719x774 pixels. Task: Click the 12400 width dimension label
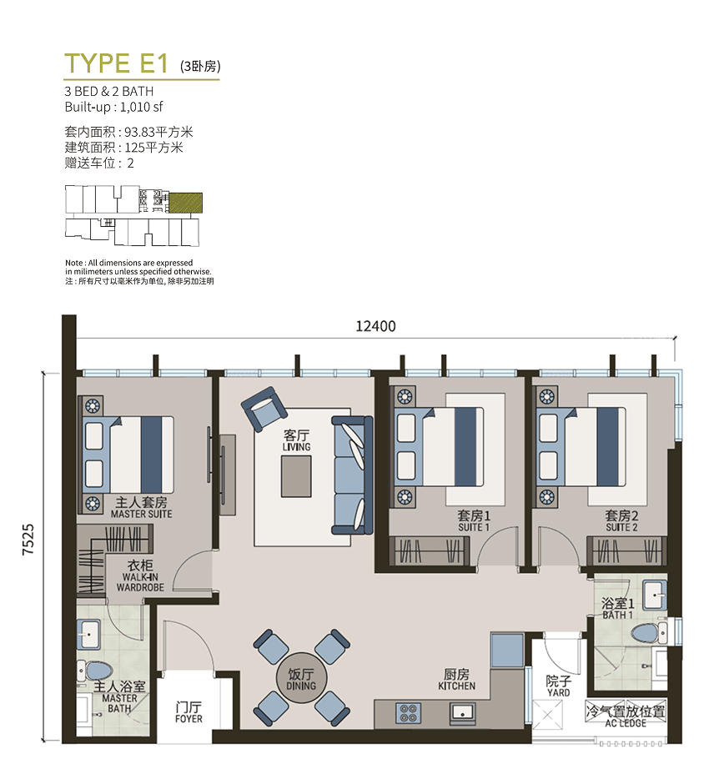click(x=376, y=326)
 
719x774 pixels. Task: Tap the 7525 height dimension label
click(x=28, y=540)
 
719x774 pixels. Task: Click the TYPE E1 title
click(x=117, y=63)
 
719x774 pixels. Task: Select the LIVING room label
click(x=296, y=447)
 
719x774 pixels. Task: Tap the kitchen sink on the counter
click(x=463, y=713)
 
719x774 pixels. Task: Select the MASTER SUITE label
click(x=142, y=514)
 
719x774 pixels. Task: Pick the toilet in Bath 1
click(x=649, y=633)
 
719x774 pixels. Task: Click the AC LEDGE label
click(x=626, y=723)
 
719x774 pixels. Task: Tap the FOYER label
click(x=189, y=719)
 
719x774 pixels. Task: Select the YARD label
click(x=559, y=692)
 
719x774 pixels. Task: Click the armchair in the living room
click(x=264, y=409)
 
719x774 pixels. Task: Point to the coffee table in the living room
click(x=296, y=476)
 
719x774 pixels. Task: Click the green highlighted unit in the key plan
click(x=186, y=203)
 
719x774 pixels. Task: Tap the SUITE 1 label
click(x=474, y=527)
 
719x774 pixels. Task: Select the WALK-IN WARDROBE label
click(x=140, y=582)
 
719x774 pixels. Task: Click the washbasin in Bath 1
click(x=655, y=596)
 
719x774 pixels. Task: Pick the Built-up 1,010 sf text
click(x=113, y=107)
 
